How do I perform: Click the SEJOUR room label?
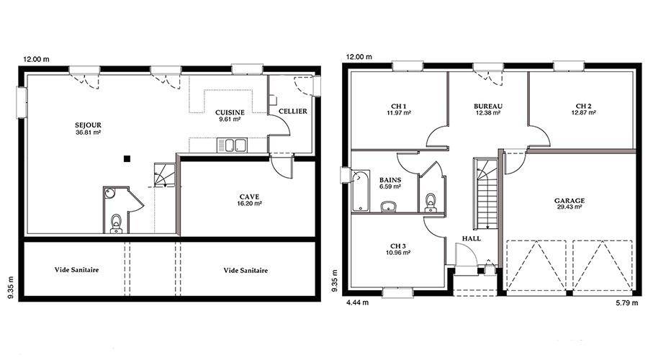(x=88, y=125)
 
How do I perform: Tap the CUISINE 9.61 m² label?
(x=230, y=116)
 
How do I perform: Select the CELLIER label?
(x=292, y=111)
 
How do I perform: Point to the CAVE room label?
(x=249, y=197)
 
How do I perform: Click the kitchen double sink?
(x=232, y=145)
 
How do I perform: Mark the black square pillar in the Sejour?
(x=127, y=158)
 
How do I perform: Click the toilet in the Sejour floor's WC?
(x=116, y=224)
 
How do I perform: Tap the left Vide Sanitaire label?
(x=76, y=270)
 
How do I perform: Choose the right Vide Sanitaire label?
(x=246, y=270)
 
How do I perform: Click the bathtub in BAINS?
(x=361, y=191)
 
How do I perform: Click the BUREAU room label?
(x=488, y=107)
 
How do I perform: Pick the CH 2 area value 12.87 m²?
(x=583, y=112)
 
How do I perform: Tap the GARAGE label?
(x=570, y=201)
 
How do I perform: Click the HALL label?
(x=472, y=238)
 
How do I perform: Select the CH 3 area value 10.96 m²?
(x=398, y=253)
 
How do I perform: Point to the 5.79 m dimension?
(x=627, y=303)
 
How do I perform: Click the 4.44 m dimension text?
(x=357, y=302)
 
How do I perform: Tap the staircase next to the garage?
(x=487, y=194)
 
